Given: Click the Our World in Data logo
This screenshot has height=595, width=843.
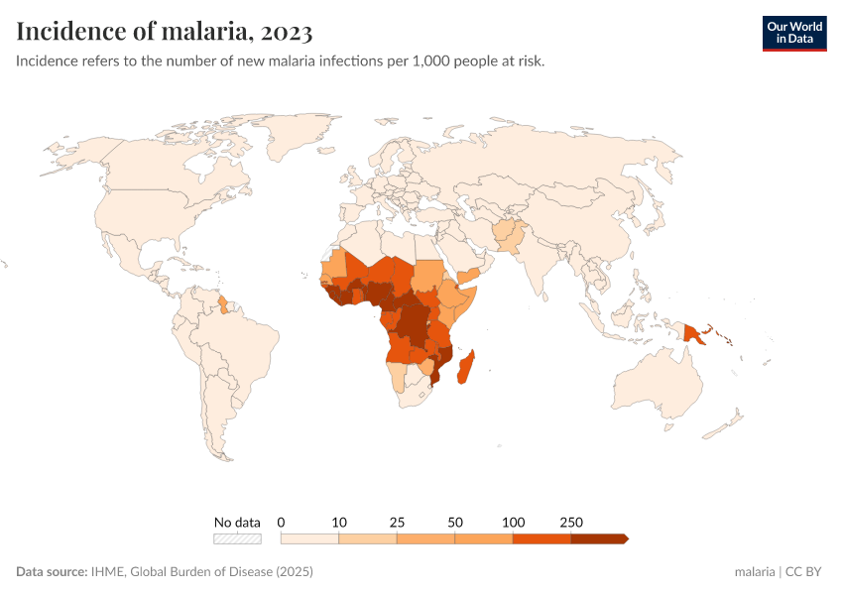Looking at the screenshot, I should point(793,33).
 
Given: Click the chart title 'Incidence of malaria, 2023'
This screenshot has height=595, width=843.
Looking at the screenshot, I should point(165,32).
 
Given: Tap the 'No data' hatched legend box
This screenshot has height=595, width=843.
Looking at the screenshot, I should point(237,538).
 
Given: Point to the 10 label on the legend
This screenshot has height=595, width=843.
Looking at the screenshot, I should point(339,522).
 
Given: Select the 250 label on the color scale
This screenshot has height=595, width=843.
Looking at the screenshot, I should point(571,522).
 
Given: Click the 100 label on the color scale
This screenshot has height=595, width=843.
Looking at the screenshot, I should point(513,522).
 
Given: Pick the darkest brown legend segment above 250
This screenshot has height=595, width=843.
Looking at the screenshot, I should point(598,538).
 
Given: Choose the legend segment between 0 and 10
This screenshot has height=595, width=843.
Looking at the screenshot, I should point(310,538).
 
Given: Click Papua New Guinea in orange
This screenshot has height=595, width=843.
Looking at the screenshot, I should point(692,334).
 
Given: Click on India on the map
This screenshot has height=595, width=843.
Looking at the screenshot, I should point(541,268).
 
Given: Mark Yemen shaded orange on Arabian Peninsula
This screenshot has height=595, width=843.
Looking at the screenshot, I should point(469,274).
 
